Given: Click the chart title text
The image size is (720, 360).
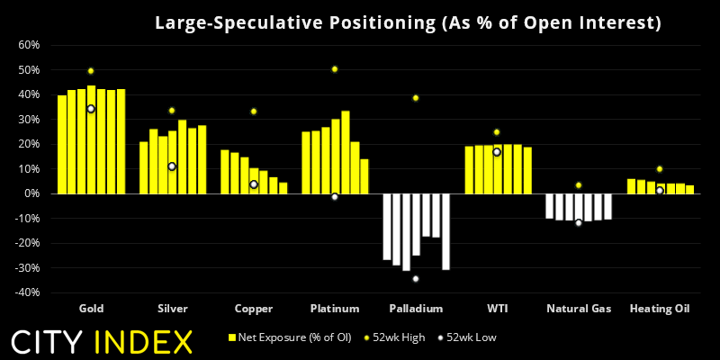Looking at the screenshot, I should (408, 22).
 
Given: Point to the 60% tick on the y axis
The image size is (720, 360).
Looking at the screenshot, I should (27, 45).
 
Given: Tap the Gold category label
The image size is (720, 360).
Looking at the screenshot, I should (91, 309).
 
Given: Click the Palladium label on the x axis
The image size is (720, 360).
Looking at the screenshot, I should (416, 309).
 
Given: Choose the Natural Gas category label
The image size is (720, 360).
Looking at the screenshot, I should (579, 309).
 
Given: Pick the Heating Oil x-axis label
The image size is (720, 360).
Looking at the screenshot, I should (660, 309).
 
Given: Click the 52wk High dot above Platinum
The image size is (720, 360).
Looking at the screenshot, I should (335, 69).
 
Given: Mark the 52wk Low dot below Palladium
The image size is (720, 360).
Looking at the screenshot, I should (416, 278).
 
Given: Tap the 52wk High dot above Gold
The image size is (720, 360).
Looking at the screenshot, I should (91, 71).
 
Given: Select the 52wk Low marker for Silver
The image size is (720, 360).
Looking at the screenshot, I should (172, 166).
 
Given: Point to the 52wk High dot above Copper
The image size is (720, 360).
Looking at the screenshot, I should (254, 112).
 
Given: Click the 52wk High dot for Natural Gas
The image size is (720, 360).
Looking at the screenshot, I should (579, 185).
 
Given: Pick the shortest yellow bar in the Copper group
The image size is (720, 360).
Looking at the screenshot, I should (283, 188).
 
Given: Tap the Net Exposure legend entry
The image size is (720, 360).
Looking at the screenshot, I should (287, 337).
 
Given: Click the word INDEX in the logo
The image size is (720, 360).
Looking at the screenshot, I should (145, 342).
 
